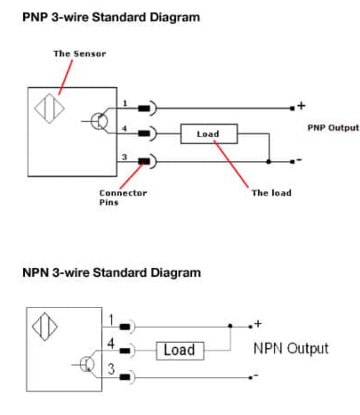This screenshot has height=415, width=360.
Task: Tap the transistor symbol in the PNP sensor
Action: (99, 121)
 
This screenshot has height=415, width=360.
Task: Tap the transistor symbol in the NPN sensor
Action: (87, 364)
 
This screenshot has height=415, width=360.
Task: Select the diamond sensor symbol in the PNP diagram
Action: (49, 109)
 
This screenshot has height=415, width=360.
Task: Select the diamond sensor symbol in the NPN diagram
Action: (45, 327)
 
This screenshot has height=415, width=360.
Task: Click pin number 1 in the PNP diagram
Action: (125, 103)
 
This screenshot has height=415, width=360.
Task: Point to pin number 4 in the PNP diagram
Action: (125, 129)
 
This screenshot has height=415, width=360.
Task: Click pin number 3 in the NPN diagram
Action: (111, 369)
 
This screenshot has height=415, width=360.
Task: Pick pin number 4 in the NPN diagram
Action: (111, 343)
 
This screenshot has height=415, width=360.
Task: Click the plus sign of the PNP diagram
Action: (301, 106)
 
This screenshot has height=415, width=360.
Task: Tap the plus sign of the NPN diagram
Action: (258, 324)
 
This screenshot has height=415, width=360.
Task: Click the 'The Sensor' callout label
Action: (80, 53)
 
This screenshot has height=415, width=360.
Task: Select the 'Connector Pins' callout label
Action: (123, 198)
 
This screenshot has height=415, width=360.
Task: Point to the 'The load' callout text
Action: (272, 193)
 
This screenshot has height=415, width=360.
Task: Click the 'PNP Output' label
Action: (333, 128)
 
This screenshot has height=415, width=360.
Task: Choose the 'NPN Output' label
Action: (291, 349)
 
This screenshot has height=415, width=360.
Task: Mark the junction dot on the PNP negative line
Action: (269, 161)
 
